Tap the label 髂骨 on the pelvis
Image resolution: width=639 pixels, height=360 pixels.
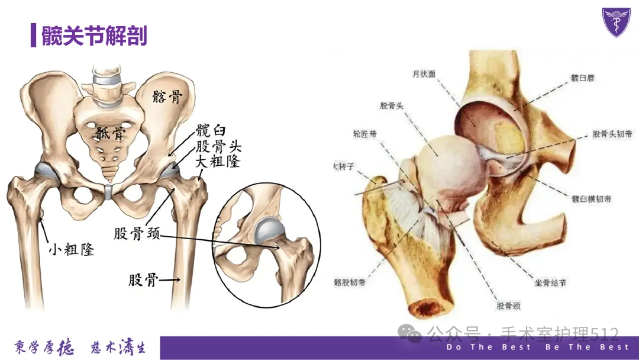coord(166,97)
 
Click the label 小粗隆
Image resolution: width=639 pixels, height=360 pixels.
coord(71,249)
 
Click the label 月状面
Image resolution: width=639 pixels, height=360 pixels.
coord(424,74)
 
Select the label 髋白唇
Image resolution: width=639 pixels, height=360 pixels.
coord(582,78)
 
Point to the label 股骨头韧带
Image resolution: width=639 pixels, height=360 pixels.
coord(612,134)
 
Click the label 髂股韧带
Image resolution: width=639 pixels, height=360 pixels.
coord(349,282)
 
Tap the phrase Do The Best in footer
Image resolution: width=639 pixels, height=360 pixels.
coord(489,347)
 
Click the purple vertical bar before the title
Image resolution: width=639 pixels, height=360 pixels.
coord(34,36)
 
